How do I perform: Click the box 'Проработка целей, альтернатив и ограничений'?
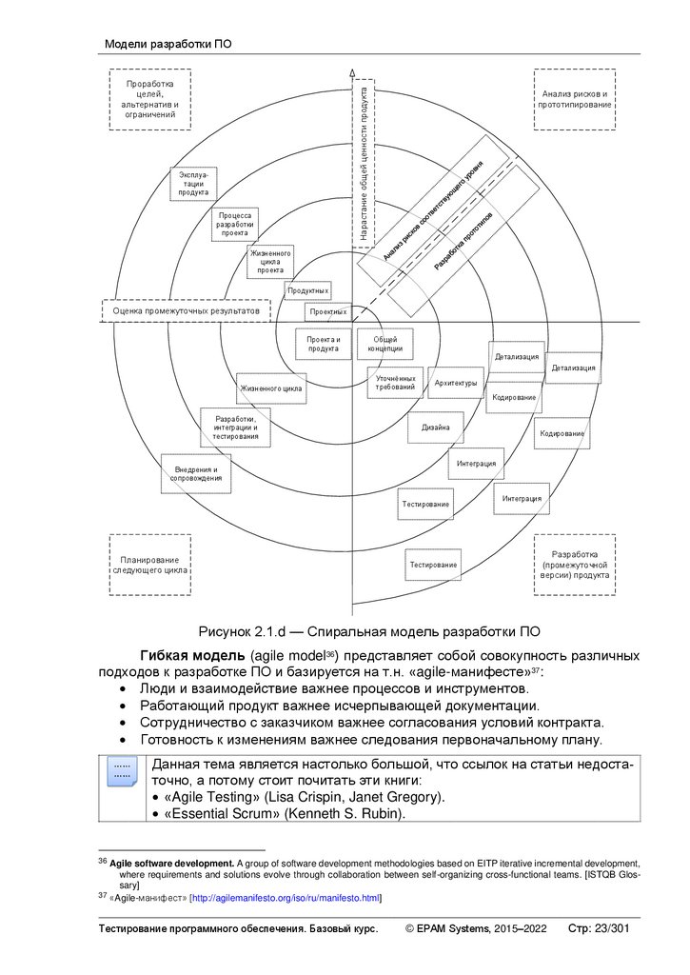click(x=150, y=99)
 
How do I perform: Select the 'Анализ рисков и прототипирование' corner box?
click(x=575, y=99)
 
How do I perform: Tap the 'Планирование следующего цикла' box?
click(x=149, y=565)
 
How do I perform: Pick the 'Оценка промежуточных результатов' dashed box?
click(x=186, y=310)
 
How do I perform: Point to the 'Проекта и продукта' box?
click(x=324, y=344)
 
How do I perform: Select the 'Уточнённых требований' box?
click(x=395, y=383)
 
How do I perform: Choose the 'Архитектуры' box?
click(x=455, y=383)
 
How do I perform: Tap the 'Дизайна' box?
click(x=436, y=428)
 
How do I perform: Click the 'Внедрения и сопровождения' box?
click(x=197, y=473)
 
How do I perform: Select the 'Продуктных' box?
click(x=307, y=289)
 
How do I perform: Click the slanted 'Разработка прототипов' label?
click(x=464, y=244)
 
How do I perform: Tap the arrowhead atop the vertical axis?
click(x=352, y=72)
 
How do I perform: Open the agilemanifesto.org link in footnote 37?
click(x=286, y=897)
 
